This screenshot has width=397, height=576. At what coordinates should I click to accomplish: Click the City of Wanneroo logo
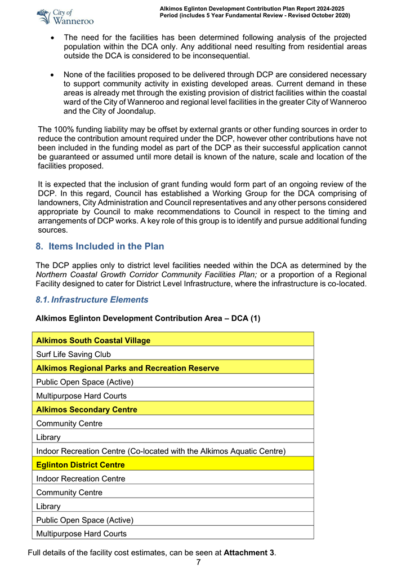(64, 16)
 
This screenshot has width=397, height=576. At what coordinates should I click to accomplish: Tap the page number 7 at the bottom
(198, 562)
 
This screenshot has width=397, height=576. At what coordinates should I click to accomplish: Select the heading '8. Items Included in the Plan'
(100, 246)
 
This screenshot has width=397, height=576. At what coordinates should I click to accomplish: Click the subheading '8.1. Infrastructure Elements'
(92, 299)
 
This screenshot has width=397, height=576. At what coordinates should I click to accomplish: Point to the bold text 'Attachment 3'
(249, 552)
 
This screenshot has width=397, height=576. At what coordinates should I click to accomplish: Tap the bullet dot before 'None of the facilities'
(52, 75)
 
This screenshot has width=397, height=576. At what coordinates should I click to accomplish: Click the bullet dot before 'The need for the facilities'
(52, 38)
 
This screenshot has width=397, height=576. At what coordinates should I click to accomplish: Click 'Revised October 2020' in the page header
(309, 15)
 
